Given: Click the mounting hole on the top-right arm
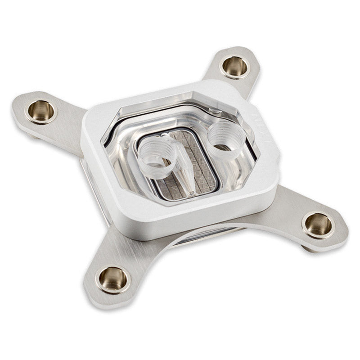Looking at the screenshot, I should tap(235, 67).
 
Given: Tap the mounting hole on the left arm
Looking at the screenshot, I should tap(41, 111).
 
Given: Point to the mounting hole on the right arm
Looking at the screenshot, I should tap(319, 225).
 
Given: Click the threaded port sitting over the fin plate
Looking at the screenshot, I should tap(154, 151).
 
